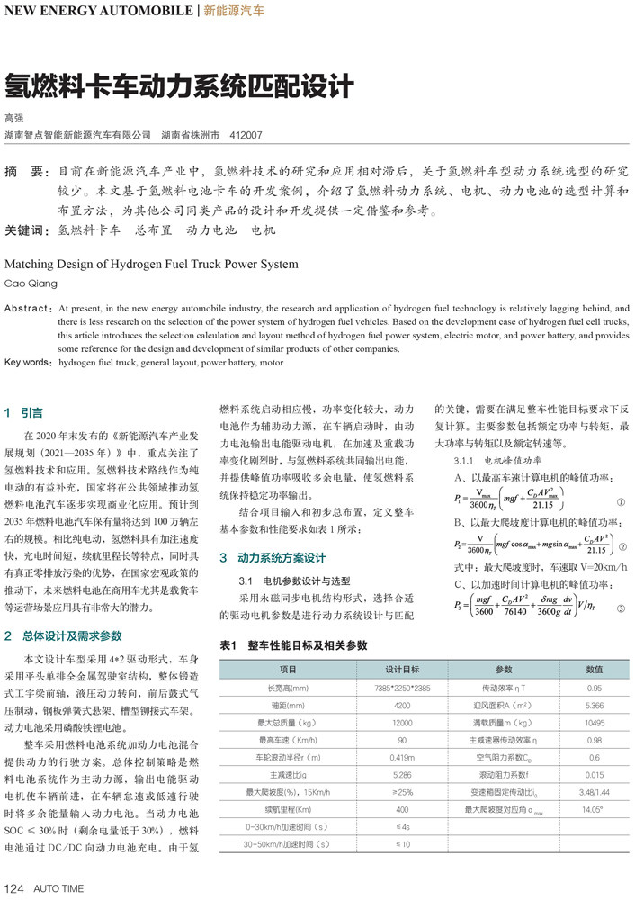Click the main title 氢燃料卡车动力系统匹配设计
point(179,87)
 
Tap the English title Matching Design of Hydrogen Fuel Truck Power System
point(151,265)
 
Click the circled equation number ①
point(620,500)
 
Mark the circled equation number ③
point(620,609)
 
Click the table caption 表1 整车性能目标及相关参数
point(294,645)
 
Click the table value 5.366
point(594,706)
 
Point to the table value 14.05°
point(594,809)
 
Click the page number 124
point(14,888)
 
